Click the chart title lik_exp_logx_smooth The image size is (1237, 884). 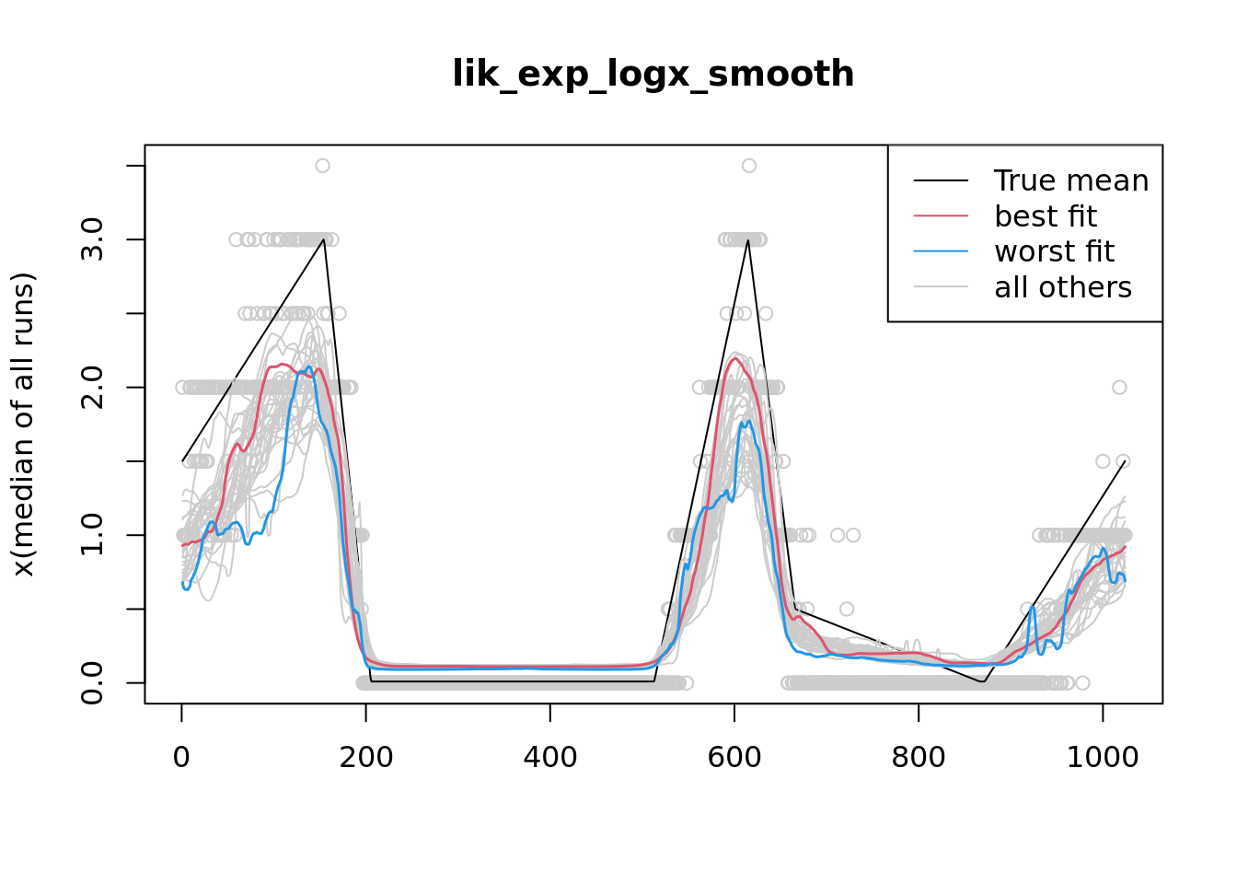pos(653,74)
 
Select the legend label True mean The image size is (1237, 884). pos(1071,180)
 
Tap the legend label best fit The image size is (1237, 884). pos(1046,216)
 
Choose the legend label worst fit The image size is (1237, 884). pos(1054,251)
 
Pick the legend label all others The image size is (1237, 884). pos(1063,287)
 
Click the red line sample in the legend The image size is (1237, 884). pos(941,216)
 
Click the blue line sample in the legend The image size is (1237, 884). pos(941,251)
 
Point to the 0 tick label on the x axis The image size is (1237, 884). pos(181,757)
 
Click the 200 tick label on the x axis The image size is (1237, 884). pos(366,757)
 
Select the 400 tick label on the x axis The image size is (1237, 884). pos(550,757)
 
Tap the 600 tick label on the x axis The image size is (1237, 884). pos(734,757)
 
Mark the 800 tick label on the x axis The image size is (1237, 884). pos(919,757)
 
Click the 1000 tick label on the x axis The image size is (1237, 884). pos(1103,757)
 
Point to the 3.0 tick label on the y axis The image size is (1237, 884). pos(92,239)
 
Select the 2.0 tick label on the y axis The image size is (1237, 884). pos(92,388)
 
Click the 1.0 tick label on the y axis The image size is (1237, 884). pos(92,535)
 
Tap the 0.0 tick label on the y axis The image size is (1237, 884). pos(92,682)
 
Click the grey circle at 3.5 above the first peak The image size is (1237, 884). pos(322,166)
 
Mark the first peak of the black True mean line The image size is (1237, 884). pos(324,239)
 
